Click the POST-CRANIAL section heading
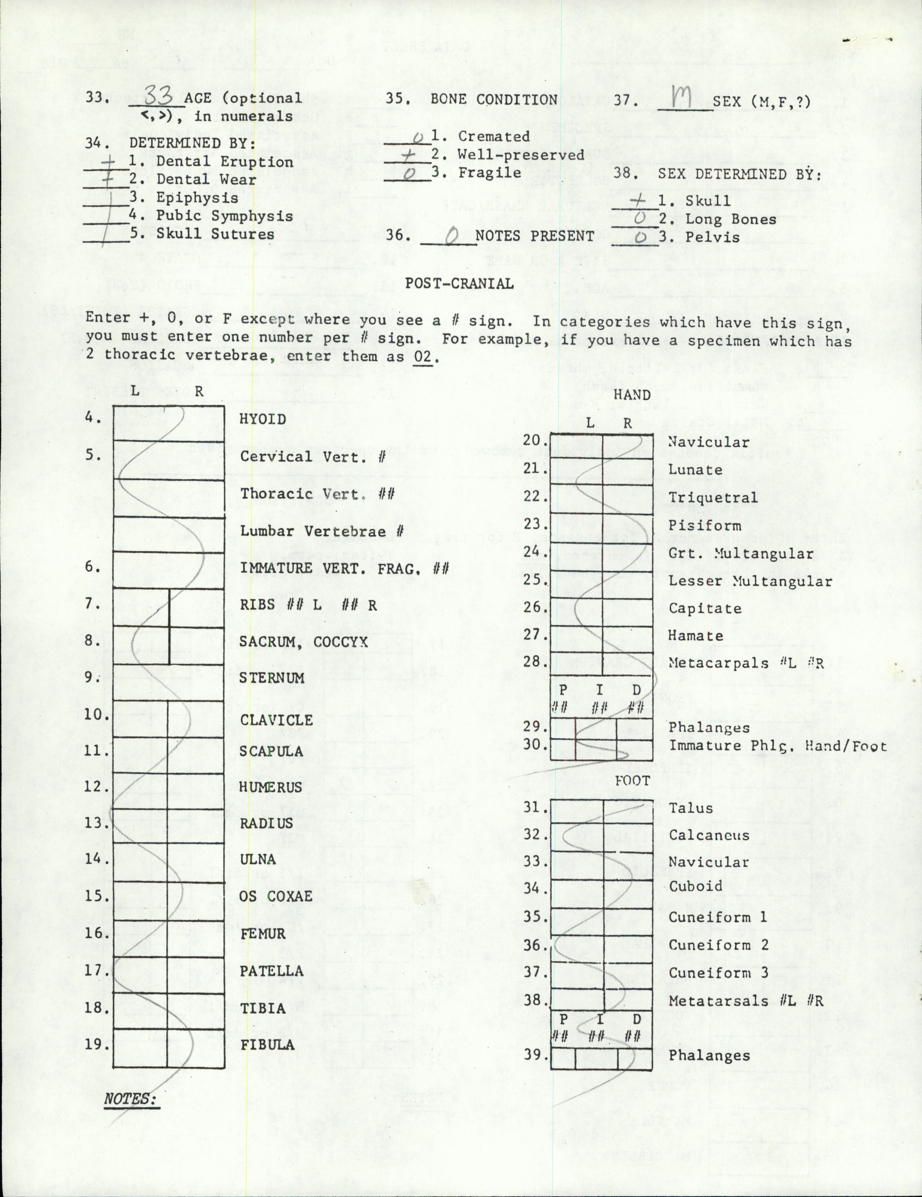click(x=459, y=283)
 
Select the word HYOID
click(x=263, y=419)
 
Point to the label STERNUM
click(x=271, y=678)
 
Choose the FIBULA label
click(x=268, y=1045)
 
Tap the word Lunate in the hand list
click(x=695, y=470)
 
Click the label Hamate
click(x=695, y=636)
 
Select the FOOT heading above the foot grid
click(x=632, y=781)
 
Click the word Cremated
click(x=494, y=136)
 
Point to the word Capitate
click(x=705, y=608)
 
